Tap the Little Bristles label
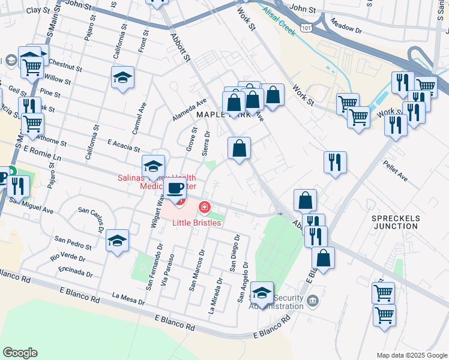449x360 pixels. pyautogui.click(x=197, y=223)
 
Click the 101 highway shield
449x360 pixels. pyautogui.click(x=307, y=28)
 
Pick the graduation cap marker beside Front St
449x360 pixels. pyautogui.click(x=122, y=78)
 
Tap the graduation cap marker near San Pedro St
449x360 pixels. pyautogui.click(x=117, y=241)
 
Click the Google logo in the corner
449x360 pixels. pyautogui.click(x=20, y=353)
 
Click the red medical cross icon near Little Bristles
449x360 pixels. pyautogui.click(x=205, y=208)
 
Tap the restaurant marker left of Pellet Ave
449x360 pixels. pyautogui.click(x=334, y=162)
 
